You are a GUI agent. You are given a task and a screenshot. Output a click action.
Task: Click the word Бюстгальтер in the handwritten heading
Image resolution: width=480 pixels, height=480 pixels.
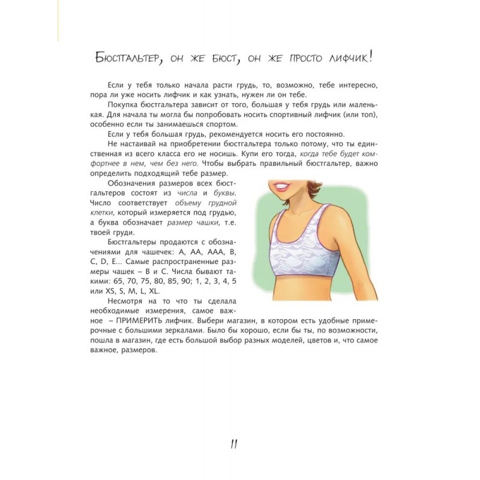click(137, 58)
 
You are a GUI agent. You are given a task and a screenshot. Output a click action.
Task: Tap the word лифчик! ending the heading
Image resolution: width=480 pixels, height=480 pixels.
click(353, 58)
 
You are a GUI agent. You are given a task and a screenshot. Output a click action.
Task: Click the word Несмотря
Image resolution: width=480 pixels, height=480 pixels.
click(126, 301)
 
